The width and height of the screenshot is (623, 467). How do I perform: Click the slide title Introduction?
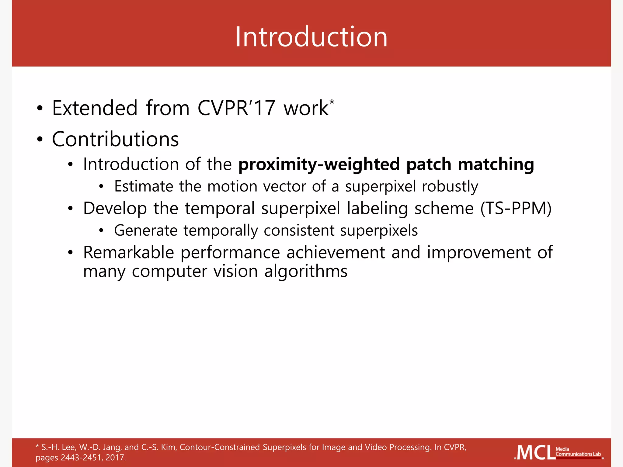[311, 37]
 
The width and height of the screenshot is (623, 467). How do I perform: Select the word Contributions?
[115, 139]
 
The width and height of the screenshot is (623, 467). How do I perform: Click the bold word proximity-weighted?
[318, 164]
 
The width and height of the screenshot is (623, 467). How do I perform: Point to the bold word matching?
[496, 164]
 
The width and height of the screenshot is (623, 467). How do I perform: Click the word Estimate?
[143, 186]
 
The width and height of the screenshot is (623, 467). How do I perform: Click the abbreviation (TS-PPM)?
[516, 209]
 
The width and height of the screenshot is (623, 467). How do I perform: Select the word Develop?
[115, 209]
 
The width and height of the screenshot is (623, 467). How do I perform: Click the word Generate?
[145, 230]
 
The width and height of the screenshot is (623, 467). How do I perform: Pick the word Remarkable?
[128, 252]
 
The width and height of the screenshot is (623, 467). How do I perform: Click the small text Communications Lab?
[578, 454]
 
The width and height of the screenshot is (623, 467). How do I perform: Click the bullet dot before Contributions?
[40, 140]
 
